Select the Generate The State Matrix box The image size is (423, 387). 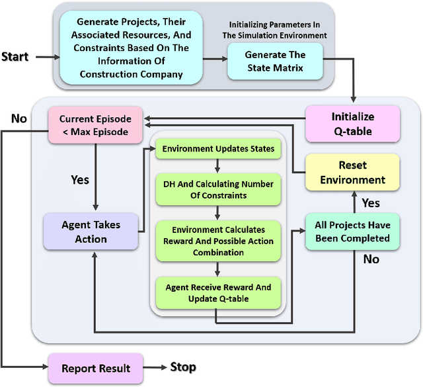click(275, 61)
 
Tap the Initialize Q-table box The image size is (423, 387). click(352, 124)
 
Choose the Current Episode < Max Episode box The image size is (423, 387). click(95, 125)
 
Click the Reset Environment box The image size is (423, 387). click(352, 172)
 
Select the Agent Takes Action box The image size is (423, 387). click(91, 232)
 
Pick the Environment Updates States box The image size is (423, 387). click(218, 150)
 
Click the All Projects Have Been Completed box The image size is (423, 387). click(352, 232)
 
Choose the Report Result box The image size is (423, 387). click(96, 368)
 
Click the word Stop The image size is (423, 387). click(183, 367)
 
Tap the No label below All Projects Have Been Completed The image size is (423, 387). click(371, 259)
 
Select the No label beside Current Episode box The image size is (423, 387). click(19, 119)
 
